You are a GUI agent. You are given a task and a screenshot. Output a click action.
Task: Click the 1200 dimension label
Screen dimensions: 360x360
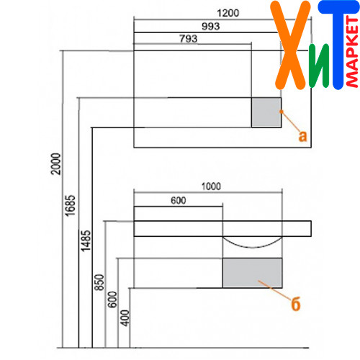[228, 13]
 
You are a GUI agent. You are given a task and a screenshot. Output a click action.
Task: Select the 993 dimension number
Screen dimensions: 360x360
[211, 26]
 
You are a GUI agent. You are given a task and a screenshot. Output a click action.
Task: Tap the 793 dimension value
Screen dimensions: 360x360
[189, 38]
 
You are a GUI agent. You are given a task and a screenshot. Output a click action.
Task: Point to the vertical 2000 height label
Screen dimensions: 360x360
[56, 163]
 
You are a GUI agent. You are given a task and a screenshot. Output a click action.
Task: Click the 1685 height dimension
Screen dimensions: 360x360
[71, 206]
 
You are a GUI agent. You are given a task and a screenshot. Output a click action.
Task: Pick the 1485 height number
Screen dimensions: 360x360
[86, 240]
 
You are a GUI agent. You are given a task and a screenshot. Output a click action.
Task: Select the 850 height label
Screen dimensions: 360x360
[99, 282]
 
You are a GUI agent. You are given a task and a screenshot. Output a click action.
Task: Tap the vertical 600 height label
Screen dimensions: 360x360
[112, 300]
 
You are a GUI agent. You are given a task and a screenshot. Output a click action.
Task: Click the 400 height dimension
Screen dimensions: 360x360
[125, 318]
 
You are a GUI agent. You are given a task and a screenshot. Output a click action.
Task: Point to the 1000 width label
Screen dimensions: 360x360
[211, 186]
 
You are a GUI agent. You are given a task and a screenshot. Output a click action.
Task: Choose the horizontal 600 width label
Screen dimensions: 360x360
[179, 200]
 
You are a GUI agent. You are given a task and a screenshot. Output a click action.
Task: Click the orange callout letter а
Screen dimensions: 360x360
[302, 136]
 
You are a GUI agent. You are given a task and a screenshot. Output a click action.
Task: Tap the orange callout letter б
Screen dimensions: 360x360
[296, 304]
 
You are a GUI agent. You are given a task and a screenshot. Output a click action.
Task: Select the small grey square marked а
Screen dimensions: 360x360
[266, 112]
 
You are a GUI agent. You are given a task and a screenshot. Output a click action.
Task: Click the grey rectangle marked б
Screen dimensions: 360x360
[252, 273]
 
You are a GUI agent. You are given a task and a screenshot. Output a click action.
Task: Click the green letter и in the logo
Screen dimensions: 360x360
[319, 66]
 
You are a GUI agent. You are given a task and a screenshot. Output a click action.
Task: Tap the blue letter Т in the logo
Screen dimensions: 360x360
[338, 45]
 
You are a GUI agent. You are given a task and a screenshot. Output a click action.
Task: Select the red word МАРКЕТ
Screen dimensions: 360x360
[352, 52]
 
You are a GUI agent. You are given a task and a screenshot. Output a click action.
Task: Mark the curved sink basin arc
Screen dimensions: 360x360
[252, 247]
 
